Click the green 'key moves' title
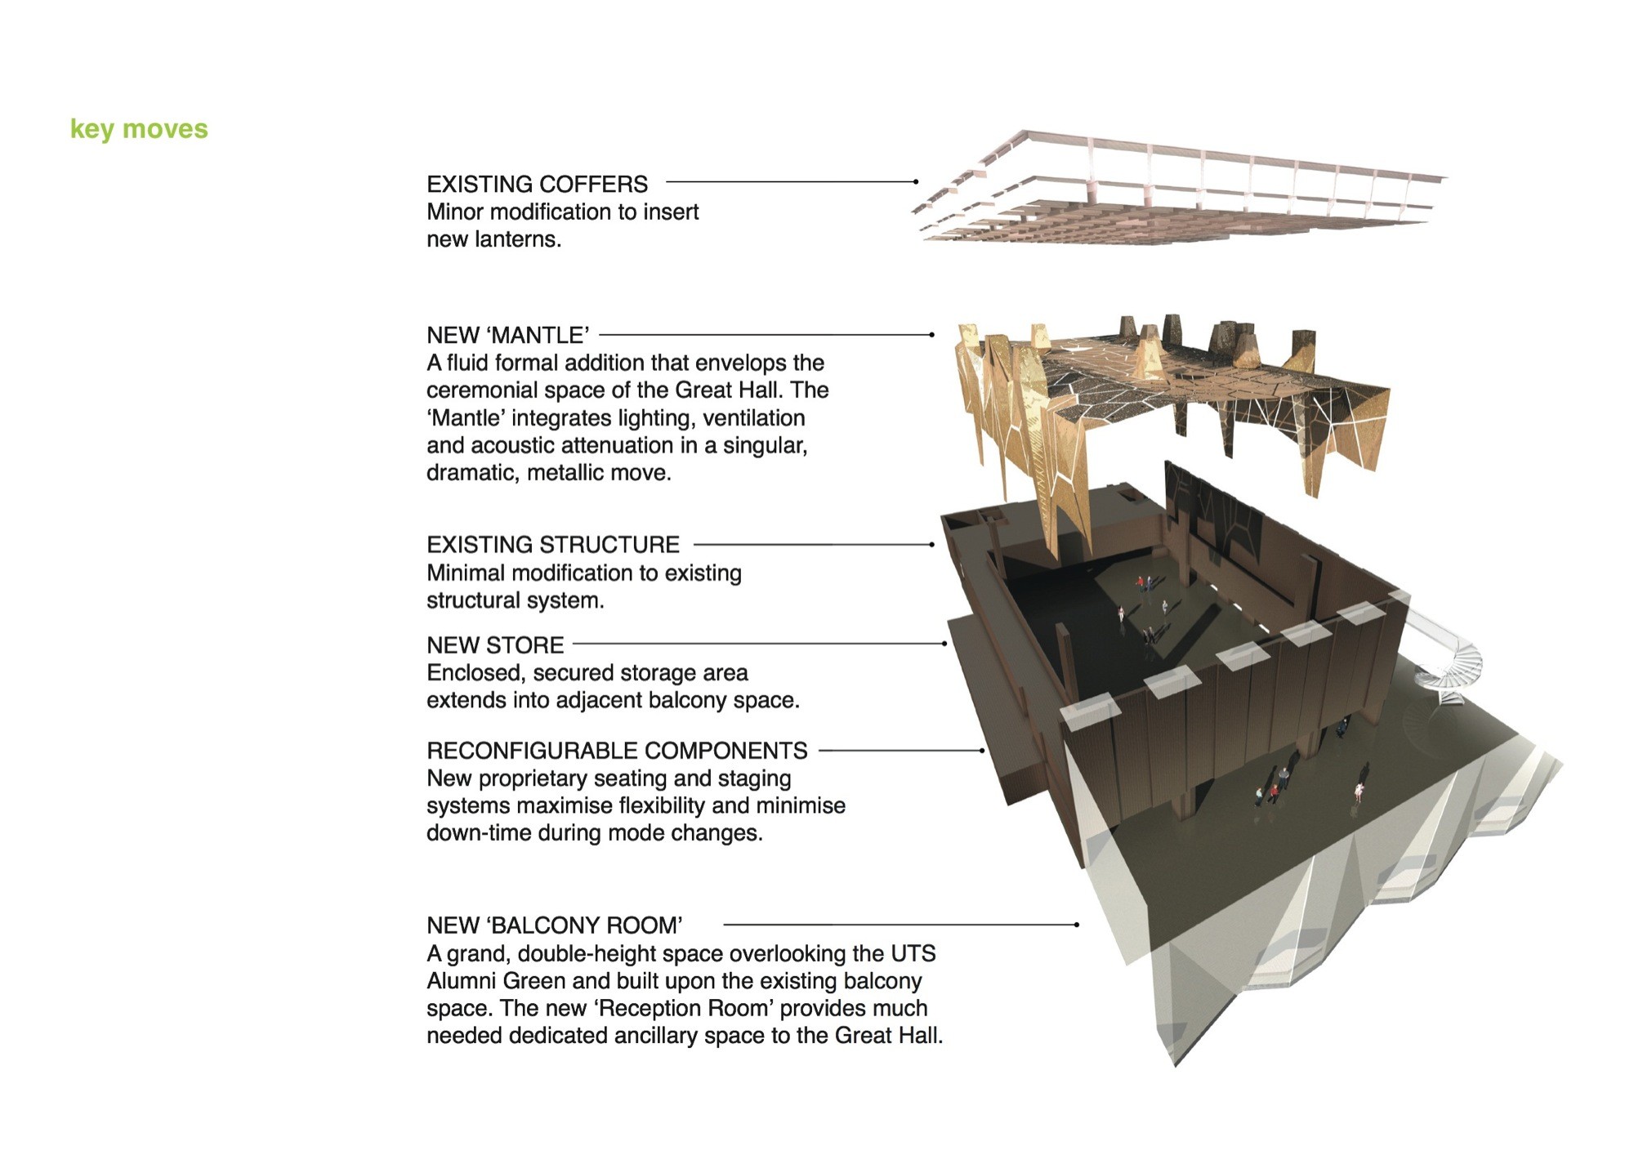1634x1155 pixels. coord(139,129)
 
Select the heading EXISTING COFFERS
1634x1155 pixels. coord(537,184)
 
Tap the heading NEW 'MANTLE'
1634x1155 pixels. coord(507,335)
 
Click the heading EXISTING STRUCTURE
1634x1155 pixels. coord(552,545)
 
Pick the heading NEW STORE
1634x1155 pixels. coord(495,645)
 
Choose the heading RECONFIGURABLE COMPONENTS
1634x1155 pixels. coord(617,751)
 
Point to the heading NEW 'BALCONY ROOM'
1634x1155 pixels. coord(554,925)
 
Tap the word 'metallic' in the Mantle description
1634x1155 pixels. coord(562,473)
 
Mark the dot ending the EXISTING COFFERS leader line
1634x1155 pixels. coord(916,181)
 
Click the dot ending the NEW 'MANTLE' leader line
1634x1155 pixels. coord(931,335)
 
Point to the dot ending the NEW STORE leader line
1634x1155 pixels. coord(944,644)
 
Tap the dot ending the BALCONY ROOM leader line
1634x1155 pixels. coord(1077,925)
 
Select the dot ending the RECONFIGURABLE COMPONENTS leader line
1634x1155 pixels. coord(982,750)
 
